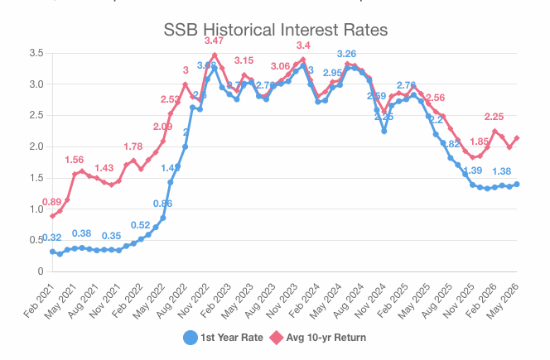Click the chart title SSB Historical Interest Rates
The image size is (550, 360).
(274, 31)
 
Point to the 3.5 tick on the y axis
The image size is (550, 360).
(36, 53)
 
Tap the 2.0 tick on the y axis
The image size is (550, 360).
(36, 146)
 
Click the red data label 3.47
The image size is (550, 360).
(215, 41)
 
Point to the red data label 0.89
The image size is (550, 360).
(51, 202)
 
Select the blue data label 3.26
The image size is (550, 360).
(347, 54)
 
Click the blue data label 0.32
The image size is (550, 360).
(52, 238)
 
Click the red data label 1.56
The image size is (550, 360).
(74, 160)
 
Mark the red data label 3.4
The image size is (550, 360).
(303, 45)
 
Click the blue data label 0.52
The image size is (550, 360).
(141, 225)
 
